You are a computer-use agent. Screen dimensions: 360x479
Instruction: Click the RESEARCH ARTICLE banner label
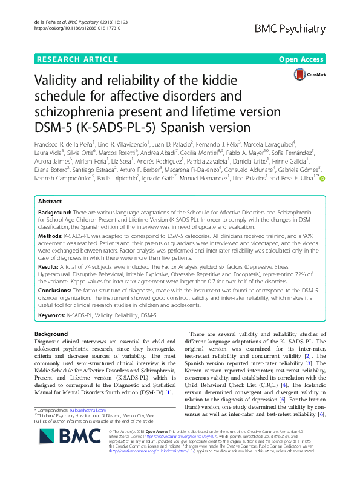[78, 59]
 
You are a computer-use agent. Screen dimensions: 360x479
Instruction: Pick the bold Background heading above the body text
[51, 334]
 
